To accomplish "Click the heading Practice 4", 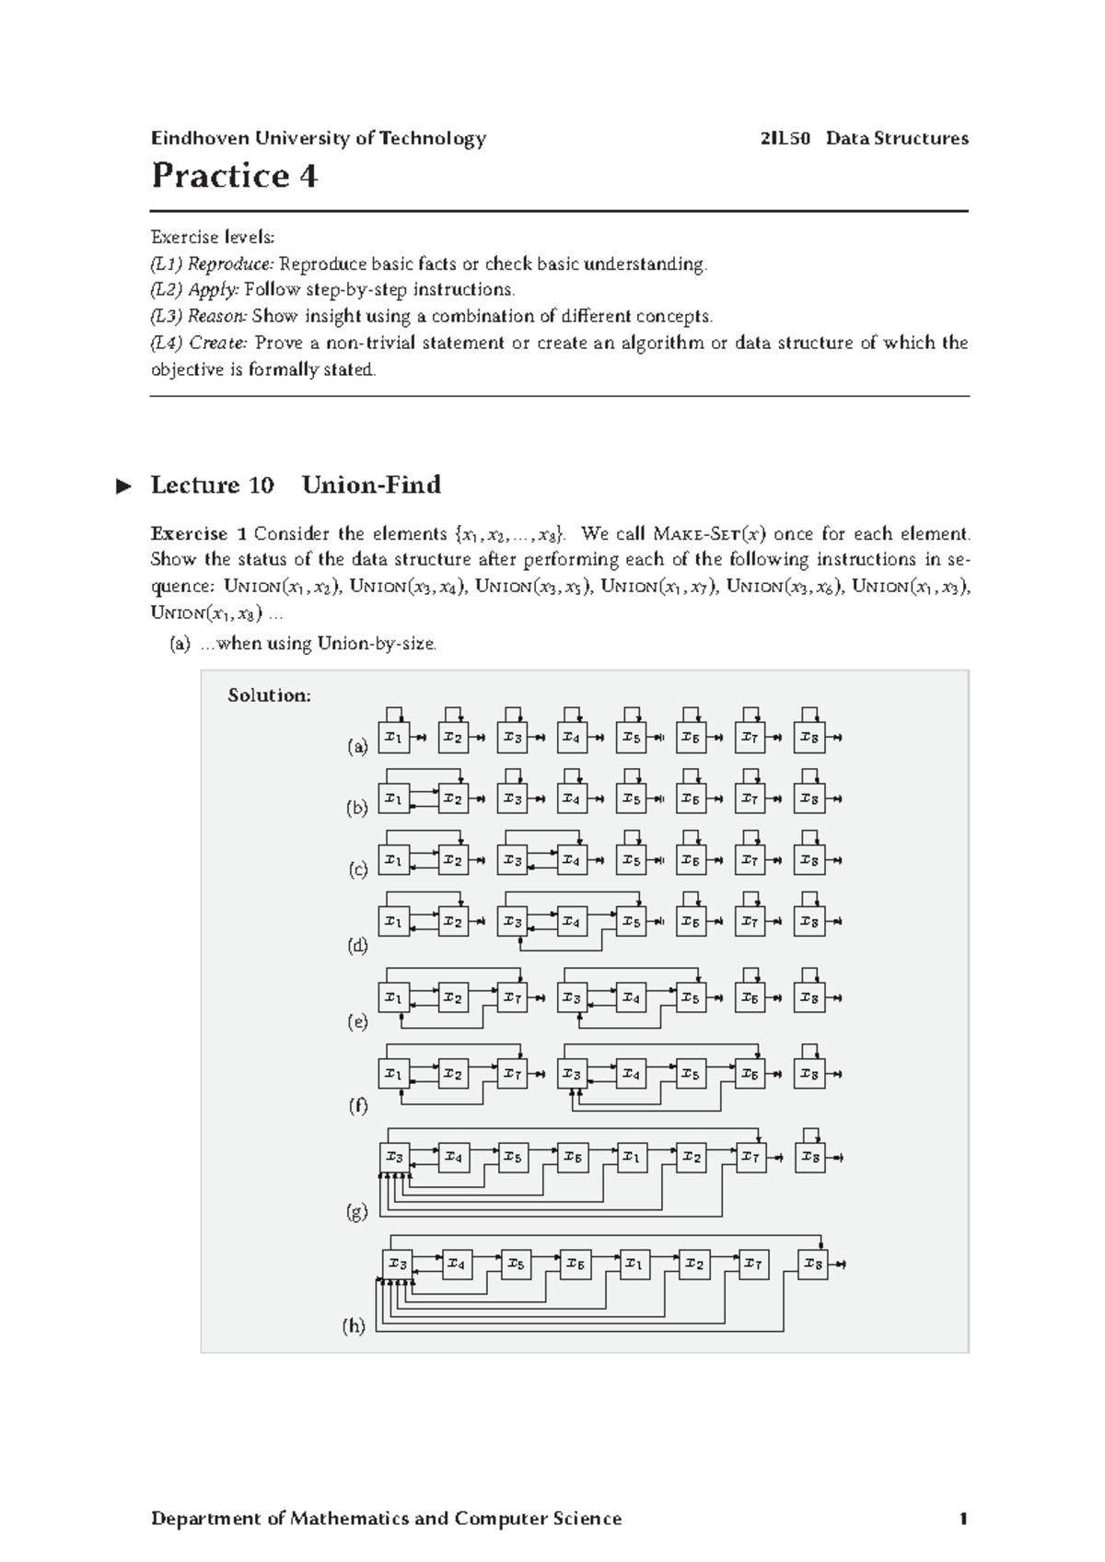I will click(234, 175).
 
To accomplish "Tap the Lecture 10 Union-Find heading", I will click(295, 484).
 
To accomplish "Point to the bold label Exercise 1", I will click(198, 534).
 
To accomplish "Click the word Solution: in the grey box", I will click(269, 695).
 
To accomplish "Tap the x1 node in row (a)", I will click(393, 737).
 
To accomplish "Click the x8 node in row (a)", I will click(809, 737).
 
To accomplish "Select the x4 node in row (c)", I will click(571, 860).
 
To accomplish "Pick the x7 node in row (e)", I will click(512, 997).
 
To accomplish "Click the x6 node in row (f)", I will click(750, 1074).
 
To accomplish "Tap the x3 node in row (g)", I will click(395, 1157).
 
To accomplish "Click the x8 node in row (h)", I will click(813, 1265).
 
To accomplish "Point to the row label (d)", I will click(357, 946).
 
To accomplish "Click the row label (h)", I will click(354, 1327).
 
